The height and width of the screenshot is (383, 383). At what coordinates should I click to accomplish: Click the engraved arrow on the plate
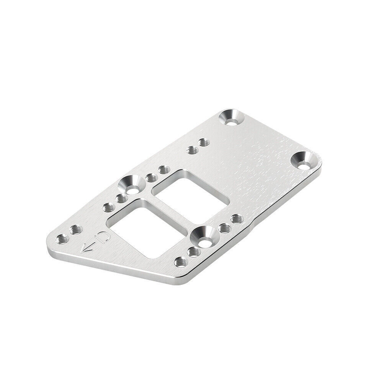(x=89, y=247)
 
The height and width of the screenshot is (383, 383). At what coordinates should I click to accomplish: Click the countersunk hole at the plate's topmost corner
(x=231, y=118)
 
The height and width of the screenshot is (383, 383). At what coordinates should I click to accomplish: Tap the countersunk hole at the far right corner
(x=305, y=160)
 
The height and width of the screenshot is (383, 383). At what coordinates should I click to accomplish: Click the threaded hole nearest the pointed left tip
(x=61, y=240)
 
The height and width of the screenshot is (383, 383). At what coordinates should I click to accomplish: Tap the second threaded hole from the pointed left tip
(x=74, y=230)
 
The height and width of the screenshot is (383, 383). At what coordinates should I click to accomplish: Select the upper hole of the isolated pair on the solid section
(x=202, y=143)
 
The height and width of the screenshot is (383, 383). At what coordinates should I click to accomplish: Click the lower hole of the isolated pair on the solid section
(x=191, y=150)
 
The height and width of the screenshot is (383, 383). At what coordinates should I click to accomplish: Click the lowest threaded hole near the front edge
(x=181, y=262)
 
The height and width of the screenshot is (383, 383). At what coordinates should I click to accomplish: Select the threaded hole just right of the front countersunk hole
(x=224, y=228)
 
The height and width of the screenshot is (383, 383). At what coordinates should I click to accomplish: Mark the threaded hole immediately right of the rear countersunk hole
(x=151, y=177)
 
